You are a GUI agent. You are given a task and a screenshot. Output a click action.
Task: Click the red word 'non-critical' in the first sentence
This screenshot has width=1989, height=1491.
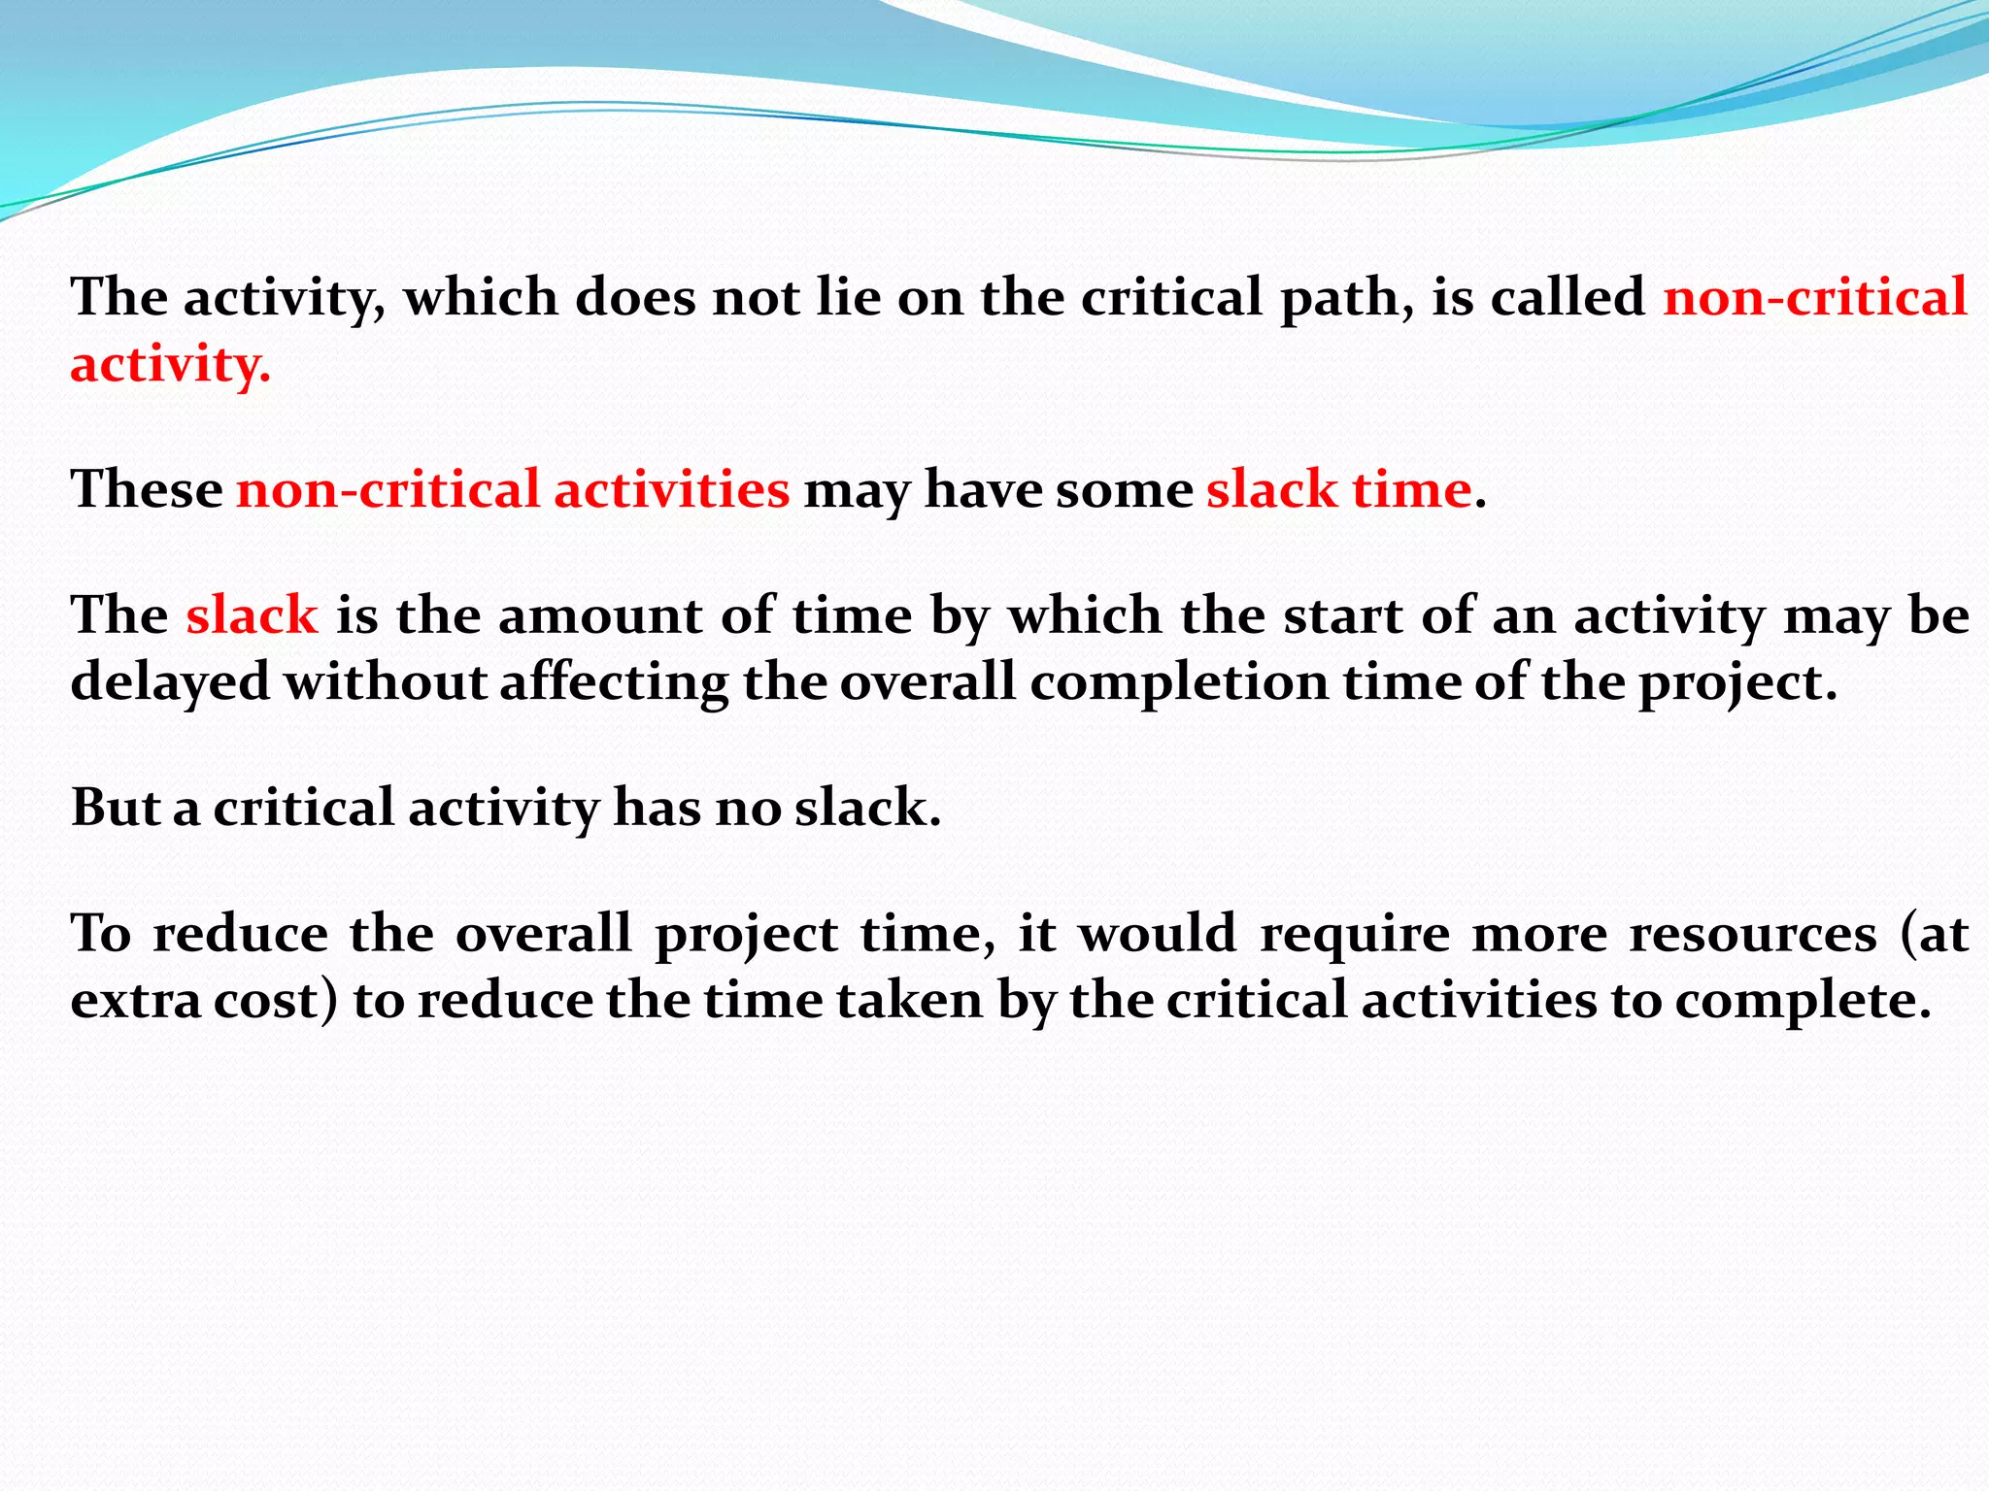pyautogui.click(x=1814, y=298)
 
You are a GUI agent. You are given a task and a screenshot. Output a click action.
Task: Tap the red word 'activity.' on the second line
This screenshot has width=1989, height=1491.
pyautogui.click(x=170, y=366)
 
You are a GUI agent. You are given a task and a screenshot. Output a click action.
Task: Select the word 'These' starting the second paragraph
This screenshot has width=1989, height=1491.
pyautogui.click(x=147, y=488)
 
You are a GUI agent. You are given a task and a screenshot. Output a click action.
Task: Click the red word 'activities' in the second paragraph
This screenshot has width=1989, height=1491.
pyautogui.click(x=671, y=488)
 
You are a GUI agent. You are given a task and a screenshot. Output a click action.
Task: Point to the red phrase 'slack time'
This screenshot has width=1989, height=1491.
pyautogui.click(x=1338, y=488)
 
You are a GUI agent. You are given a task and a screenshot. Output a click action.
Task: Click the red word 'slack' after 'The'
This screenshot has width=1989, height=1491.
pyautogui.click(x=252, y=615)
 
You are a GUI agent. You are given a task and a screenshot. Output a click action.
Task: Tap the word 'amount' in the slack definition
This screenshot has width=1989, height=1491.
pyautogui.click(x=600, y=615)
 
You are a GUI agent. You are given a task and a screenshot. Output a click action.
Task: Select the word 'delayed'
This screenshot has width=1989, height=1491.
pyautogui.click(x=170, y=681)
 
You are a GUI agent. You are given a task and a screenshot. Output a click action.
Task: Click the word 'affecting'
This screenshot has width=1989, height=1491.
pyautogui.click(x=614, y=683)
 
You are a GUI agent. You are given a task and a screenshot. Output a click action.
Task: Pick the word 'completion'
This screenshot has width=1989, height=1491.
pyautogui.click(x=1179, y=683)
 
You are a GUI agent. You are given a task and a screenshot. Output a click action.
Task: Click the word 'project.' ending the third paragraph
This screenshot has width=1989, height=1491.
pyautogui.click(x=1738, y=683)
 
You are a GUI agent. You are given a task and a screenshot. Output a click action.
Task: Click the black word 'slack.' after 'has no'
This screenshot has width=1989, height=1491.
pyautogui.click(x=867, y=808)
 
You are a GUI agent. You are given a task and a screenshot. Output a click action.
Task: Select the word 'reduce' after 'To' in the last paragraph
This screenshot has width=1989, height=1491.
pyautogui.click(x=241, y=934)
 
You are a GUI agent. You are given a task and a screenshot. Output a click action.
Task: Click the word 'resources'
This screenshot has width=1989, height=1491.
pyautogui.click(x=1753, y=934)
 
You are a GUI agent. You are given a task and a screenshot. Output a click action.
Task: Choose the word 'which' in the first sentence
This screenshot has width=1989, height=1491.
pyautogui.click(x=481, y=298)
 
